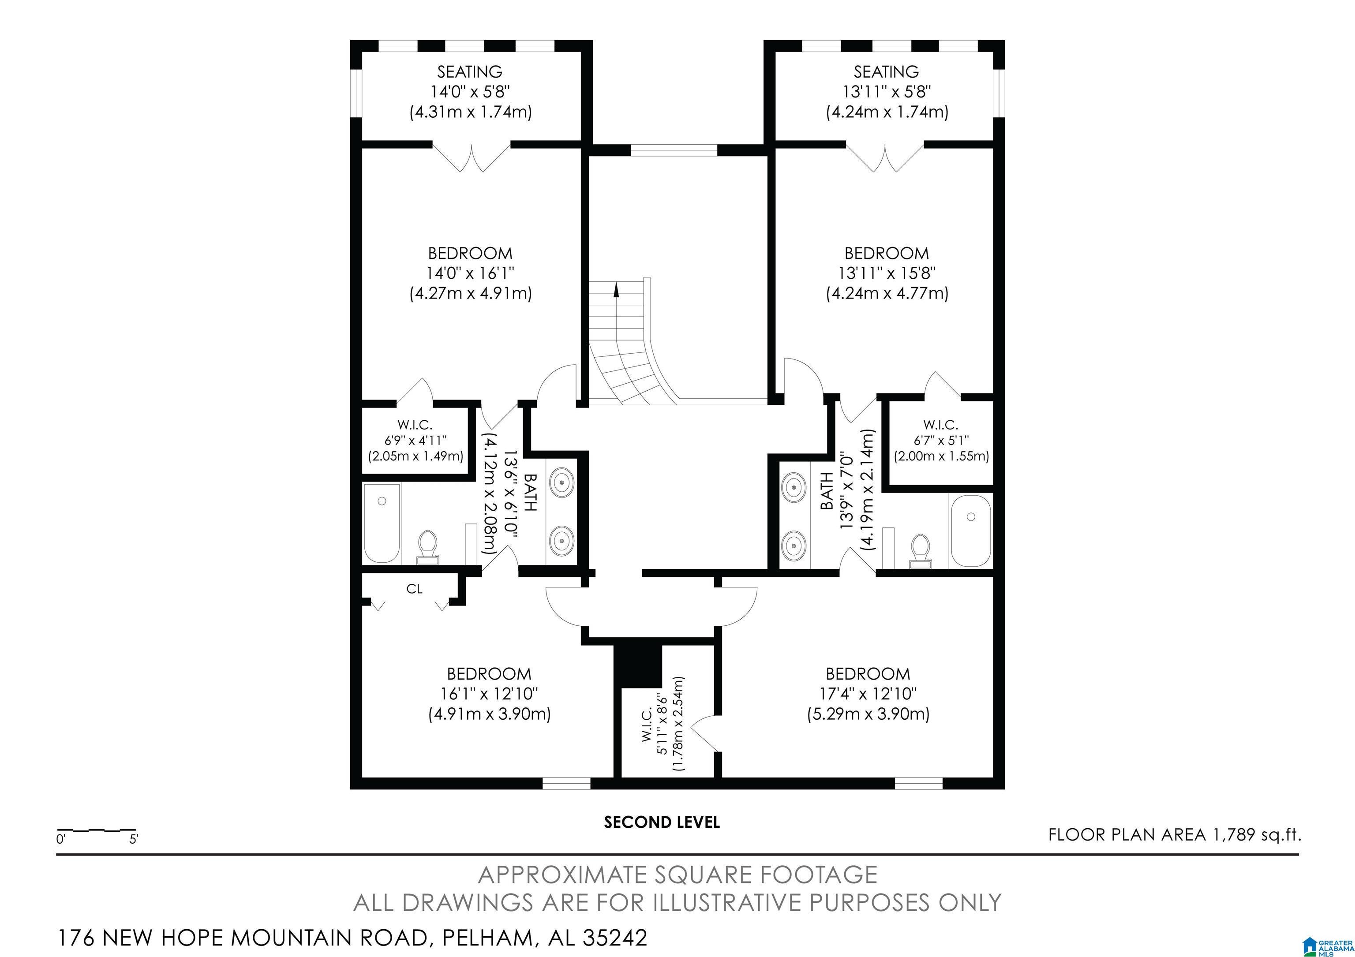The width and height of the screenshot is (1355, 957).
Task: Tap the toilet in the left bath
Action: click(428, 546)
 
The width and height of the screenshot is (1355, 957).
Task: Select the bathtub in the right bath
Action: click(971, 531)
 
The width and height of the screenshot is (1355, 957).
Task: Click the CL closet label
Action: click(414, 589)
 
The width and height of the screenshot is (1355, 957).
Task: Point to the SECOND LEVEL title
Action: click(662, 822)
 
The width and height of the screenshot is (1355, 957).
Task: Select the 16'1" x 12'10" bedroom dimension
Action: click(489, 693)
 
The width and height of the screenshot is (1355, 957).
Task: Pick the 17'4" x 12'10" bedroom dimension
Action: click(868, 693)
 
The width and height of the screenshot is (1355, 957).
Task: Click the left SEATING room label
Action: click(470, 72)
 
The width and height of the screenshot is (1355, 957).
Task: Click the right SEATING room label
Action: click(887, 72)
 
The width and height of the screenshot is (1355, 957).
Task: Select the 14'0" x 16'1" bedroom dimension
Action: click(470, 273)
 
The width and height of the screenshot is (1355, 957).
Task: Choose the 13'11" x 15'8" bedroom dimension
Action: click(887, 273)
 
